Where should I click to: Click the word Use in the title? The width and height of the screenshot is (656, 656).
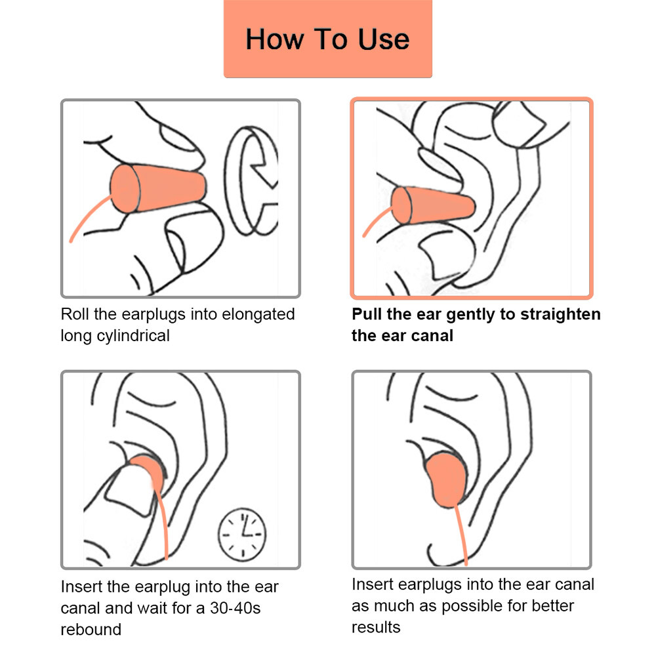[x=384, y=39]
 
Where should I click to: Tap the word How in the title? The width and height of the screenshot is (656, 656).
[x=274, y=39]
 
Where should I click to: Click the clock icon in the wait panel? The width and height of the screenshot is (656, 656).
[x=242, y=535]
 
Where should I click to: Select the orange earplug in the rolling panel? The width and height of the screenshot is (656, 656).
[x=158, y=188]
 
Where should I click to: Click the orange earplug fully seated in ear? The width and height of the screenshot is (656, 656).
[x=446, y=480]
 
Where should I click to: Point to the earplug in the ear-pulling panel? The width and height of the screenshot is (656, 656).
[x=433, y=205]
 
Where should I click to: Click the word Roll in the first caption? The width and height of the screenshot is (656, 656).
[x=75, y=314]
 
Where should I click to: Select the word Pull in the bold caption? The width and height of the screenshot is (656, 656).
[x=367, y=314]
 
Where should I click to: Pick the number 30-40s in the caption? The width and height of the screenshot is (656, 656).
[x=235, y=608]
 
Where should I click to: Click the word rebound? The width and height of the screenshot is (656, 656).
[x=91, y=629]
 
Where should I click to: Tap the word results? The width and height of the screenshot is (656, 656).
[x=376, y=627]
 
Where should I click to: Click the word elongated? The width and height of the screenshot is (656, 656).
[x=258, y=315]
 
